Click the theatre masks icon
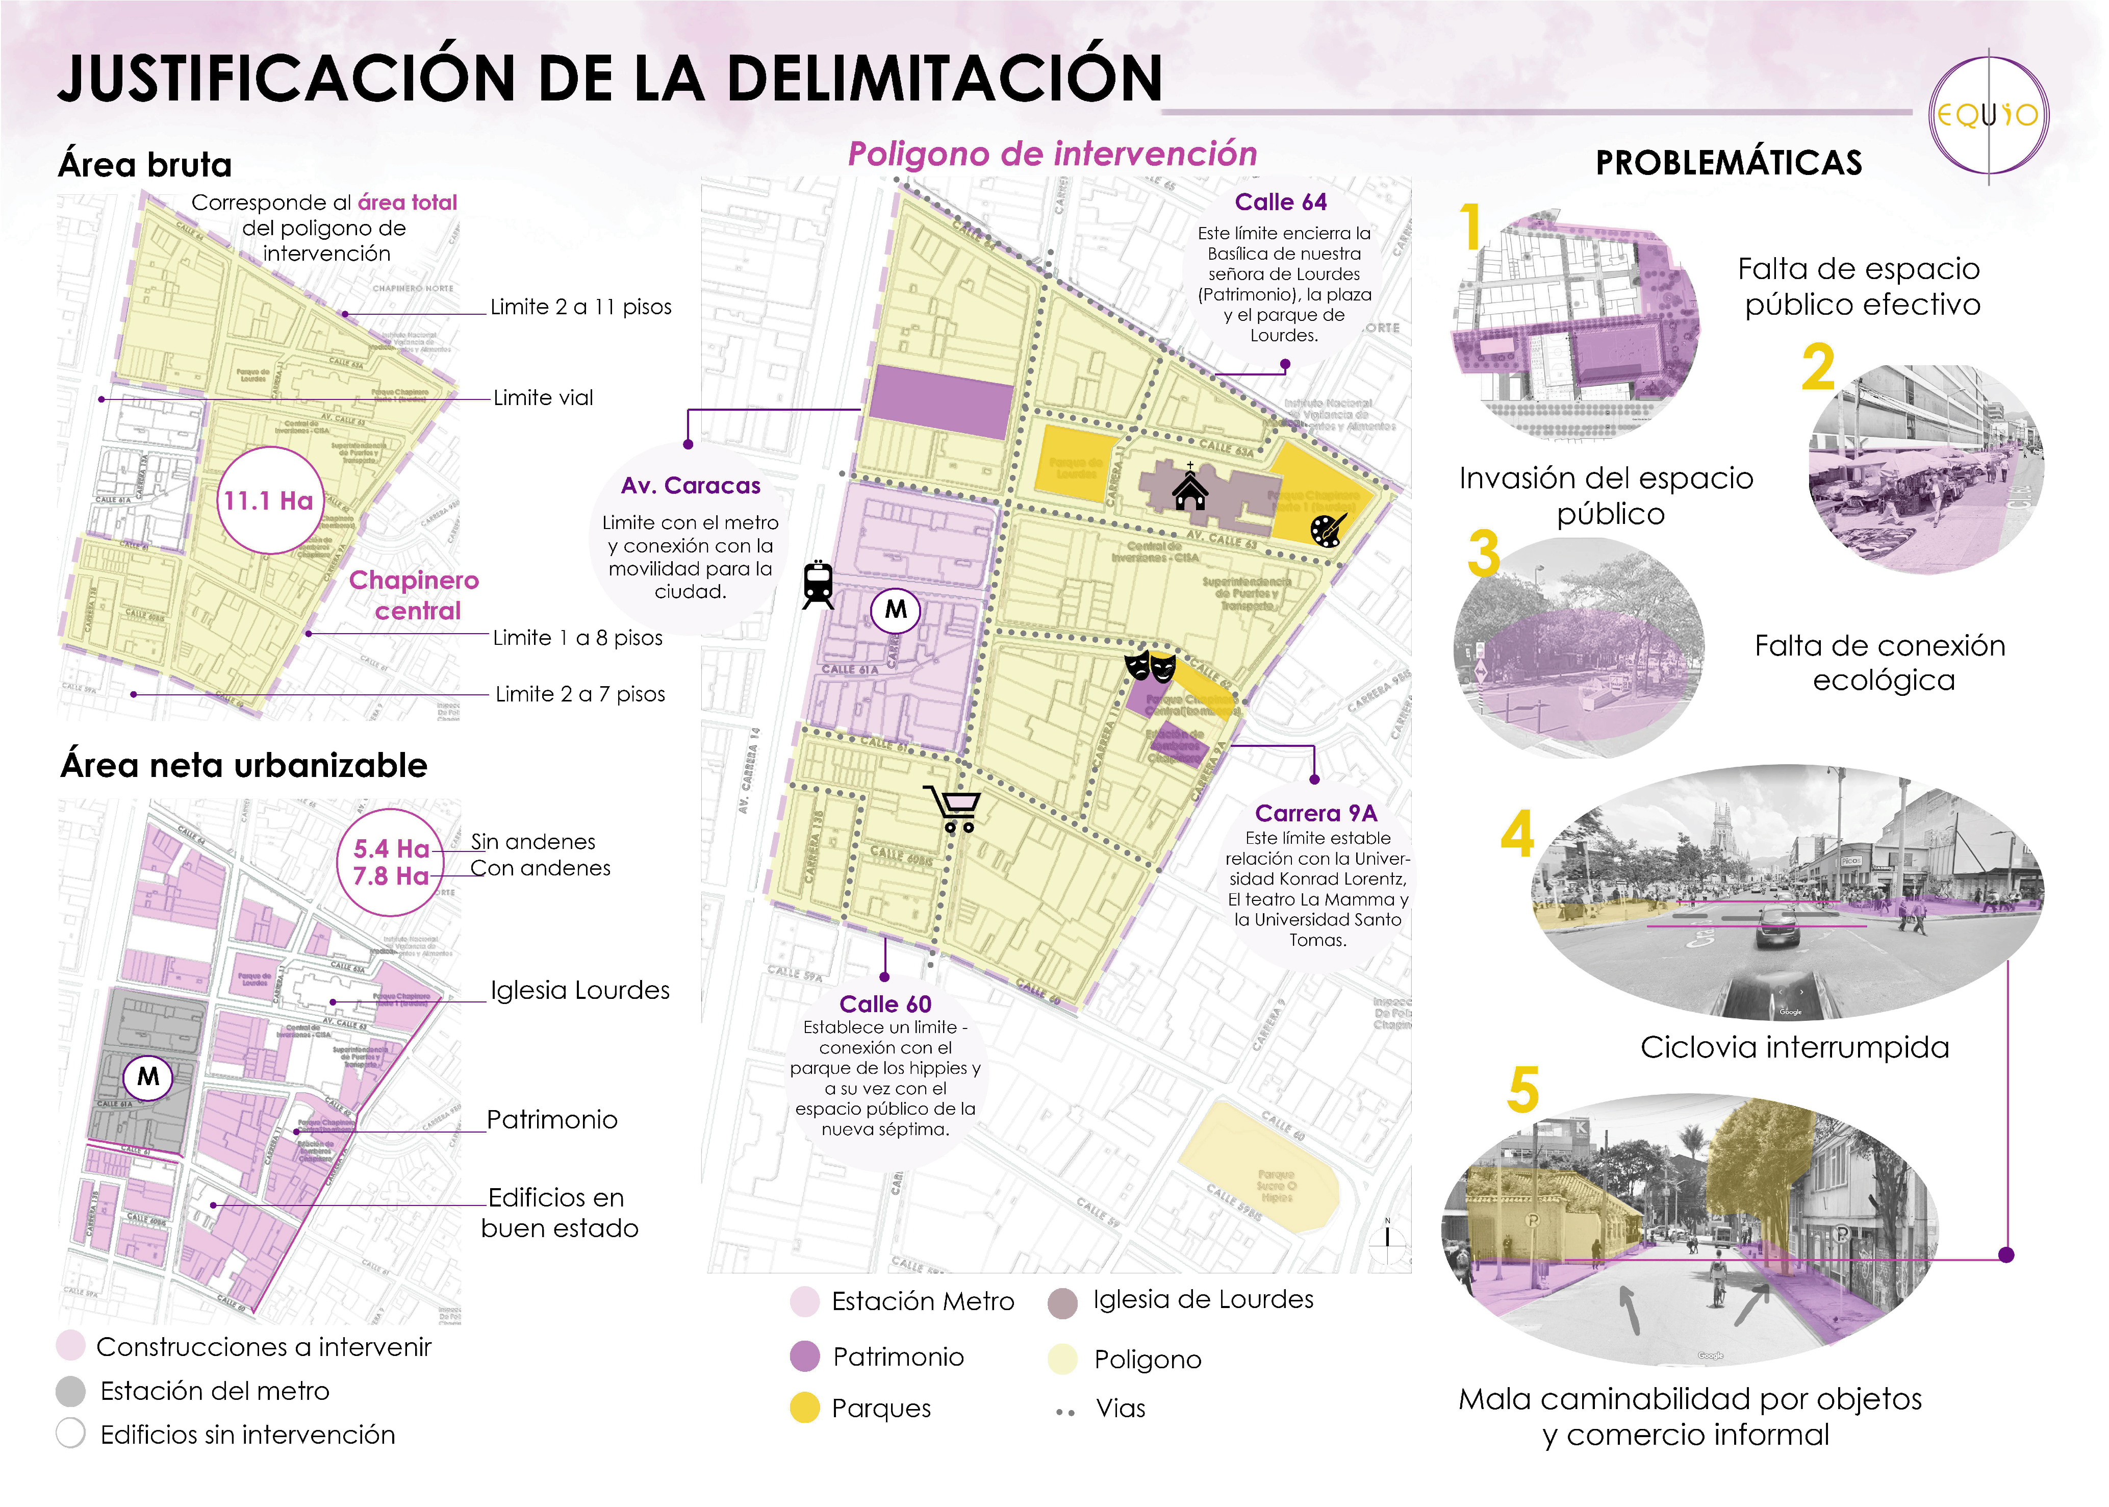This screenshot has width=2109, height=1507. [x=1150, y=666]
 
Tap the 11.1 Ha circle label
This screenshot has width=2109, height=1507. [x=269, y=501]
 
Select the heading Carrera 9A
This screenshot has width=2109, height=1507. [x=1316, y=813]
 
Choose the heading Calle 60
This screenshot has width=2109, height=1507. [x=885, y=1004]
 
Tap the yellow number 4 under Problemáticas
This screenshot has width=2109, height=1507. [x=1517, y=833]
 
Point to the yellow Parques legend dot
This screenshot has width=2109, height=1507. [x=804, y=1408]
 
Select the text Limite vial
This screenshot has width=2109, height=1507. [x=543, y=398]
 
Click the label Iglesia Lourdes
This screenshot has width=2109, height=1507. [x=580, y=990]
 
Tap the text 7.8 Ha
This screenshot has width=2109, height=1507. [x=391, y=876]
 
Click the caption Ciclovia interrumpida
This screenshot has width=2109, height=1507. [x=1794, y=1047]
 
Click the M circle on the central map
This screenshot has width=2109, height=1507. [x=896, y=610]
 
